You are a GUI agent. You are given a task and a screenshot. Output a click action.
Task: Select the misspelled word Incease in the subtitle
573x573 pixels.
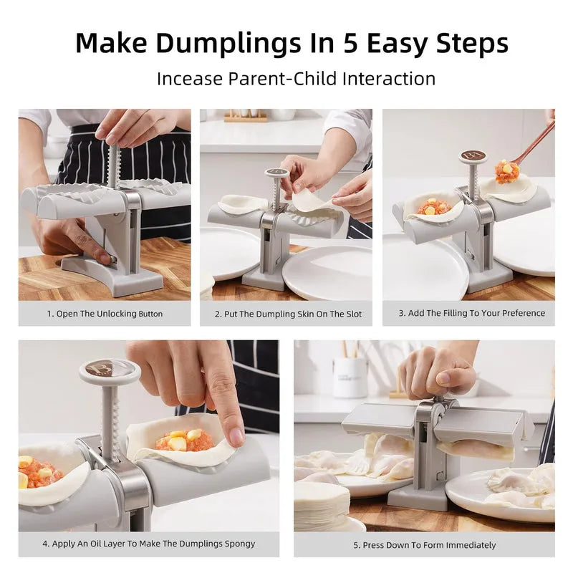[x=189, y=78]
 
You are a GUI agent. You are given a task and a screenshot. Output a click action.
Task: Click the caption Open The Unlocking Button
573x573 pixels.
[x=105, y=314]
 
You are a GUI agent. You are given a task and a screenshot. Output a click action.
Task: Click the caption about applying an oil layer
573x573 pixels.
[x=148, y=544]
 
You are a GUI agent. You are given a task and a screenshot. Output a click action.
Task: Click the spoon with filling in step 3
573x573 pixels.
[x=507, y=170]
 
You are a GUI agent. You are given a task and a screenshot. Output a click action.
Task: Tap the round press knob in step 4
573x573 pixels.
[x=110, y=370]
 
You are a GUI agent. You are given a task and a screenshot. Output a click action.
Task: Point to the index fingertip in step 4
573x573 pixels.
[x=236, y=435]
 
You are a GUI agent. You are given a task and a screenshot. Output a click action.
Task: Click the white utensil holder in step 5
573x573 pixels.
[x=350, y=377]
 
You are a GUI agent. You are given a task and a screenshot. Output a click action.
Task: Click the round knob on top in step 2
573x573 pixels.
[x=276, y=173]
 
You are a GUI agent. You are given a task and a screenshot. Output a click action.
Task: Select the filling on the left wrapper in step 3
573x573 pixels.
[x=433, y=208]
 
